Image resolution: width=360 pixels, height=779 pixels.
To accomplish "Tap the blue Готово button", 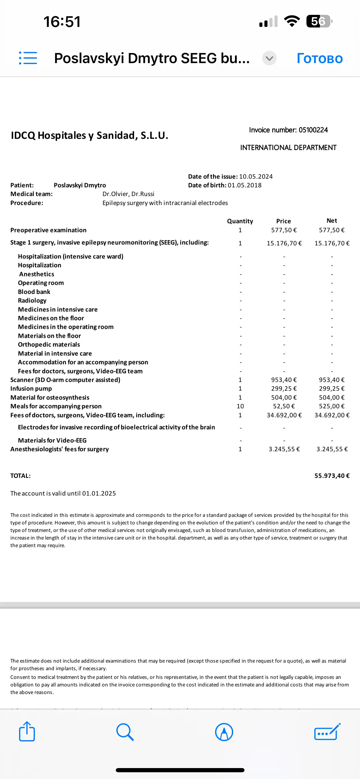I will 320,58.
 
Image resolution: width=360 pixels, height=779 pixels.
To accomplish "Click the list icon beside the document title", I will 28,58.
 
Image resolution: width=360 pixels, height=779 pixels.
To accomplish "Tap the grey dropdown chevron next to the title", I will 269,58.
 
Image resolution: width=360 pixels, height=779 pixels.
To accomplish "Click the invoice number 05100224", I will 313,130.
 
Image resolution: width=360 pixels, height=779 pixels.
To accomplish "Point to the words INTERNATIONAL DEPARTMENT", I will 288,147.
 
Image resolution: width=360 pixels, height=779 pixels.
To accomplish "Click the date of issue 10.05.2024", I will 256,176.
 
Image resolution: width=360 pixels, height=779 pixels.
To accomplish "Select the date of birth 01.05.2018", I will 244,185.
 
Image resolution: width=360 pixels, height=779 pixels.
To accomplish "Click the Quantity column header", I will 240,221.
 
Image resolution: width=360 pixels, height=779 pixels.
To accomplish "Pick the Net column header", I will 332,220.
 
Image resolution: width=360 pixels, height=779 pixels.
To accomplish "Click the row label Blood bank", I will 34,292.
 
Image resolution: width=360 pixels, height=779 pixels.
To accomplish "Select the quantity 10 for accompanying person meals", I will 240,406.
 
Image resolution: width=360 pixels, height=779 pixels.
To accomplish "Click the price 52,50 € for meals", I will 283,406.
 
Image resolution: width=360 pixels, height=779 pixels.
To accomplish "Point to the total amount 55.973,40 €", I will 332,476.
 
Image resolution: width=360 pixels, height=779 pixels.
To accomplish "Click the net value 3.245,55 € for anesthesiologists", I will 332,449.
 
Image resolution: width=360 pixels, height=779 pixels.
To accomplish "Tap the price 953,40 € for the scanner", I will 283,380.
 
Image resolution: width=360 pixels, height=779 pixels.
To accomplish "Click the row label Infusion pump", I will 31,389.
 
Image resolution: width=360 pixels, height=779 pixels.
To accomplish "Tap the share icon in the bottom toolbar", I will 27,732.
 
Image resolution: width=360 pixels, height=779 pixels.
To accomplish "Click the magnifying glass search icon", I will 125,732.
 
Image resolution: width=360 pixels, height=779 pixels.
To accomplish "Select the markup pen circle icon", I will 224,732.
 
